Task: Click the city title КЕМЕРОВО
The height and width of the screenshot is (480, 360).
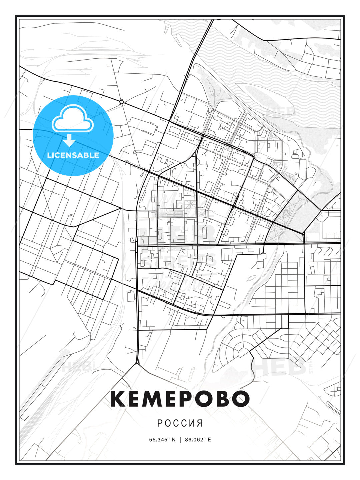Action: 180,399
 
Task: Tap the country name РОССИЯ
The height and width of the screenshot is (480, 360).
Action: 180,423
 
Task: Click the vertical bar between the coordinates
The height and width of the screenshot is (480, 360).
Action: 180,440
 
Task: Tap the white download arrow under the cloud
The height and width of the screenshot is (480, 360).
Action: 69,140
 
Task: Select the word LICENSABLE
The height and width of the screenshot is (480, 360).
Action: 73,155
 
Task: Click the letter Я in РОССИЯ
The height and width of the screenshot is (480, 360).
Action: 200,423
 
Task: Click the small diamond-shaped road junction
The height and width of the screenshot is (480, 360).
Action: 122,102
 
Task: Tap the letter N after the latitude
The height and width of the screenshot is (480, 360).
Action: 173,440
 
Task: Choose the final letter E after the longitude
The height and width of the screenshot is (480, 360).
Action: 209,440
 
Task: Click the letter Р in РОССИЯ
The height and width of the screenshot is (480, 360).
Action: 159,423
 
